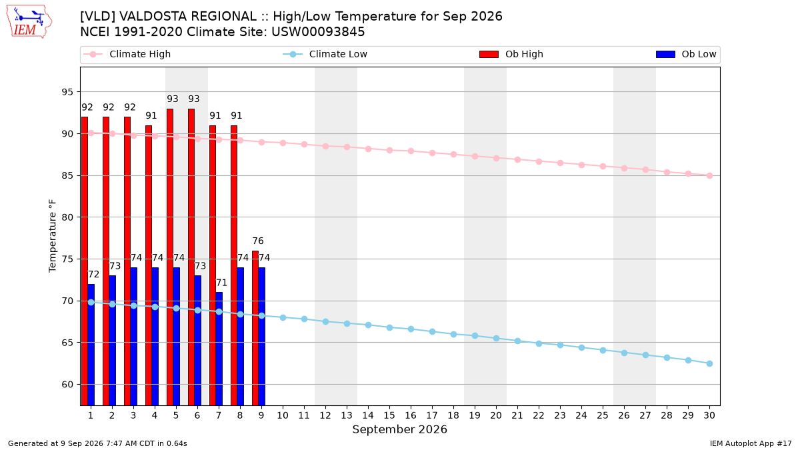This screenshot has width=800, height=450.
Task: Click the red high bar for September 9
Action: click(255, 328)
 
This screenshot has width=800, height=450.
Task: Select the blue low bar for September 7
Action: click(219, 349)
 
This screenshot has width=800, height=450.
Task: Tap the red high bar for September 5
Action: click(170, 257)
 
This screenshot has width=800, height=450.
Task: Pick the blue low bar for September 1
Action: click(91, 345)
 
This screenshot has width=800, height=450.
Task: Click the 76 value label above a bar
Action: click(258, 241)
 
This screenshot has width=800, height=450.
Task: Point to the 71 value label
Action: click(221, 283)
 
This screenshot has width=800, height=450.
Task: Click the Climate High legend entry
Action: click(127, 54)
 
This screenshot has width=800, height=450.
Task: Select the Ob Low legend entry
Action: click(686, 54)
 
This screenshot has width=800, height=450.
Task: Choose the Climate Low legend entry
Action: click(325, 54)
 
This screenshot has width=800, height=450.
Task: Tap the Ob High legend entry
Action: click(511, 54)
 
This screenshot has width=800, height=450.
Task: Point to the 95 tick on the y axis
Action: click(67, 92)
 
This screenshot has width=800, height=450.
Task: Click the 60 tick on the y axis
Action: click(67, 385)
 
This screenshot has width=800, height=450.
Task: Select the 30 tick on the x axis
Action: click(709, 415)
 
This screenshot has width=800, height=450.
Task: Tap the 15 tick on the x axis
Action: click(389, 415)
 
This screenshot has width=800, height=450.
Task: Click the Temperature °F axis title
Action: click(53, 236)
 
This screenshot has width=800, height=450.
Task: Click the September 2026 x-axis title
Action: click(399, 429)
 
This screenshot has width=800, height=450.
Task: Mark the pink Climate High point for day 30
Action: click(709, 176)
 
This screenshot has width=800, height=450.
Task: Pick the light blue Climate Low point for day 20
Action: click(496, 338)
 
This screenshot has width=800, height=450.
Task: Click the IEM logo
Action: click(29, 22)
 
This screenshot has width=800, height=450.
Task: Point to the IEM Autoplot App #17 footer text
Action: click(751, 443)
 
